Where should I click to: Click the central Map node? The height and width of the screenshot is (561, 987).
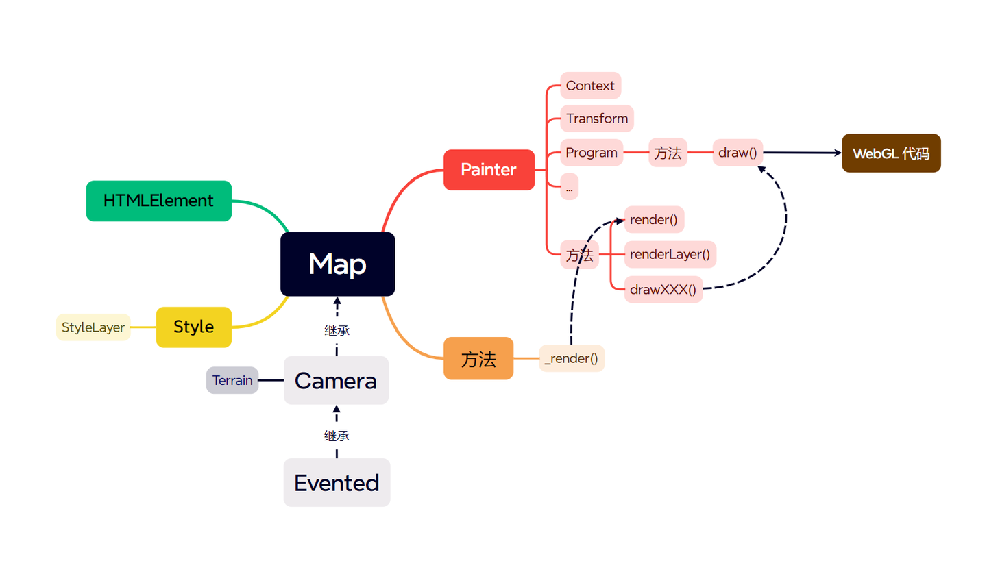(x=337, y=264)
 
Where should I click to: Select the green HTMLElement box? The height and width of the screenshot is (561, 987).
(x=158, y=201)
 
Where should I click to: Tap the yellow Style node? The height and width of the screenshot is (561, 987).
(x=194, y=327)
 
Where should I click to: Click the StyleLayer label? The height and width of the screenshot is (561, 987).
(x=93, y=327)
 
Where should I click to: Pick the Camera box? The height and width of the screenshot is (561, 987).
(x=336, y=380)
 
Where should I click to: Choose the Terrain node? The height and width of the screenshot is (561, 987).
(x=232, y=380)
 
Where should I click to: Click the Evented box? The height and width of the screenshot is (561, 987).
(x=337, y=482)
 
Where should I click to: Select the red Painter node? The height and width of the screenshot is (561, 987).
(x=489, y=169)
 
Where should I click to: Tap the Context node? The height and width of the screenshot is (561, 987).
(x=590, y=86)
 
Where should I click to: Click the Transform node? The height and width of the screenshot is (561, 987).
(x=596, y=119)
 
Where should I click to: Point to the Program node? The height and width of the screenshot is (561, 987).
(x=592, y=152)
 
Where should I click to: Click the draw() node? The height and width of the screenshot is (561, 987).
(x=738, y=152)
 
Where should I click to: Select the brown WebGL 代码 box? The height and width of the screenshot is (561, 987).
(x=891, y=153)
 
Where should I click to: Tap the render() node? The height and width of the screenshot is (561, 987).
(x=653, y=220)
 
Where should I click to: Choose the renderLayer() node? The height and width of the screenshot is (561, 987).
(x=669, y=254)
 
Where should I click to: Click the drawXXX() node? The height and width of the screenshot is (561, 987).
(x=663, y=289)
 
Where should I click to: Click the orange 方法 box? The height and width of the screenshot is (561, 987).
(x=478, y=358)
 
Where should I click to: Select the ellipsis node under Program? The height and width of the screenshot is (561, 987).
(x=569, y=186)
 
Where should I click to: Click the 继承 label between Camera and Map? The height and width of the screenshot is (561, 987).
(x=337, y=330)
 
